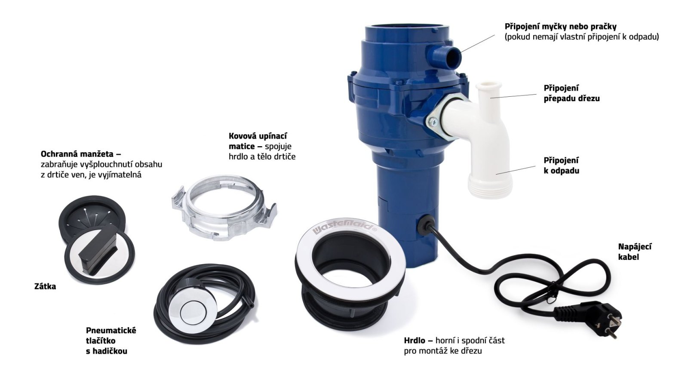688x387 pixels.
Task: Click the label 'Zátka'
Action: pos(45,286)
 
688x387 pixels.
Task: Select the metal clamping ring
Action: pos(224,209)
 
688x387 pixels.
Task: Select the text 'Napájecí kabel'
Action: pos(634,252)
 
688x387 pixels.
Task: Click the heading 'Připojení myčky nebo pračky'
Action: pos(561,27)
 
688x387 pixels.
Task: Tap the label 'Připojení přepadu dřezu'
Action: pos(571,93)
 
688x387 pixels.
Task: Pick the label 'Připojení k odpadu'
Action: pos(561,166)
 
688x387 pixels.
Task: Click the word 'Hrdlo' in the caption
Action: pos(415,340)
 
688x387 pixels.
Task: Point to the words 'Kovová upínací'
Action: pos(258,136)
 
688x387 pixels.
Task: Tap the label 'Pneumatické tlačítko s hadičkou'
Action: pos(111,341)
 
